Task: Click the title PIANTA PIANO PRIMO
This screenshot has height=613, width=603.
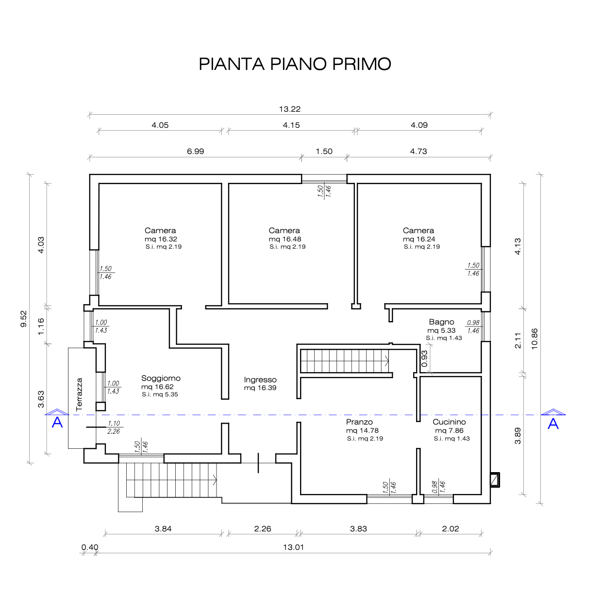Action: pos(295,64)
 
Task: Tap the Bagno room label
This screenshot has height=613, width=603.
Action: pos(441,322)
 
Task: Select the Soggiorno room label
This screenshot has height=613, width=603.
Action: pos(161,378)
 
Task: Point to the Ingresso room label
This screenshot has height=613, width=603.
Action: pos(260,379)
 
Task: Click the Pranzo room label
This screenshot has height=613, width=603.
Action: pos(359,422)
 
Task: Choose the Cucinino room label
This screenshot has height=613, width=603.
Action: pos(449,422)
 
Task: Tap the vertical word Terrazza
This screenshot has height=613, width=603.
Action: pos(79,394)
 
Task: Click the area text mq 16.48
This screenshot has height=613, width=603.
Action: pos(285,239)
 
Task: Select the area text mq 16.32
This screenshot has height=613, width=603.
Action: pos(161,239)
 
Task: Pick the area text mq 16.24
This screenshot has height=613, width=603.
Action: pos(419,239)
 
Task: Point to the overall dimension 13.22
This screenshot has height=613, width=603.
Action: pos(290,109)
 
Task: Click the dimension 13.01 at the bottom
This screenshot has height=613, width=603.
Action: pos(294,547)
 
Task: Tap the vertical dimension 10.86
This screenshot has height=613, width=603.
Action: pos(535,339)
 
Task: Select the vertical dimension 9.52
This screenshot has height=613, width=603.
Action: pos(24,319)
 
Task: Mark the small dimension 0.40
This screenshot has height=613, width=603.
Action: pos(90,547)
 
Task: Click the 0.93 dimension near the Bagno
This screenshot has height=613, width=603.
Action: pos(425,358)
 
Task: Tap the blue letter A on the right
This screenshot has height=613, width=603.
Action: pos(553,424)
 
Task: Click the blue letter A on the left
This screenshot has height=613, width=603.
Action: pos(57,423)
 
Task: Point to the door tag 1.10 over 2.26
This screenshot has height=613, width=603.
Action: pos(114,427)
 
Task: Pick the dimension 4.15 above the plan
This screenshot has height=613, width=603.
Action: pos(291,125)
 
